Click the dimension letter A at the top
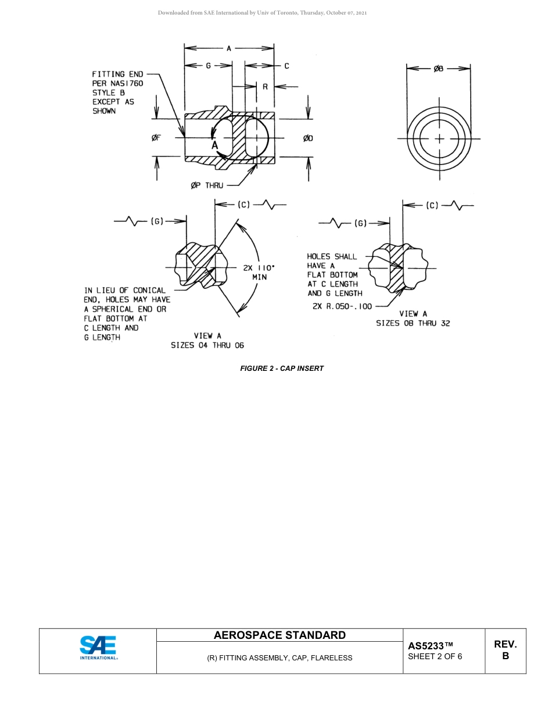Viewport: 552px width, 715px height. [229, 49]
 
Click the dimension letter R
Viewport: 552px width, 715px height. [265, 87]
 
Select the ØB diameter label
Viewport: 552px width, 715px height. [439, 69]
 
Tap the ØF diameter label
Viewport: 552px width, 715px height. [156, 138]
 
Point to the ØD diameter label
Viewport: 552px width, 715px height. [308, 138]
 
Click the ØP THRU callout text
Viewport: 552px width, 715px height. [207, 185]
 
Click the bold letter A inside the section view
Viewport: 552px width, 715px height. [214, 145]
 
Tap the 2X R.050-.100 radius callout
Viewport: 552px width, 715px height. [342, 306]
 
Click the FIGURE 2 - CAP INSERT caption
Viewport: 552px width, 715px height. [282, 369]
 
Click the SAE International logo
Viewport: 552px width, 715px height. [98, 648]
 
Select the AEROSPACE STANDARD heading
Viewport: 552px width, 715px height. [279, 635]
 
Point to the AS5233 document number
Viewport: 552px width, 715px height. [430, 646]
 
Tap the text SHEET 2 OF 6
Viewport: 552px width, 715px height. [435, 657]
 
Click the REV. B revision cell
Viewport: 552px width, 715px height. [505, 650]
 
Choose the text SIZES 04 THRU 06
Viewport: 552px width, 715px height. [207, 345]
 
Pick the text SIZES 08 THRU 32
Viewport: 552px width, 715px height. [413, 323]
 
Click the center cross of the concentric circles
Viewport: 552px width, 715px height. [439, 138]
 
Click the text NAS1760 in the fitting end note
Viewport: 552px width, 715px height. [127, 83]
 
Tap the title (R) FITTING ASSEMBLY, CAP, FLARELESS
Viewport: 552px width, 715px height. [279, 658]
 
